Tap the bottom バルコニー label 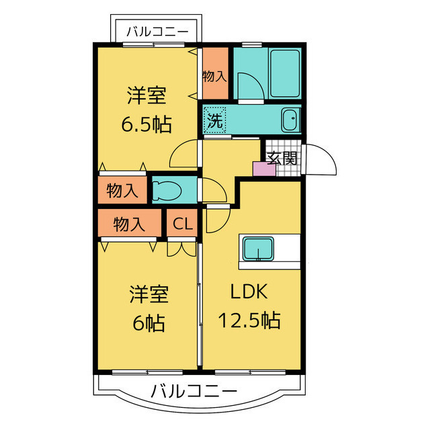pos(193,391)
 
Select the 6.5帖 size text pos(146,124)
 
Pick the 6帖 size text pos(148,323)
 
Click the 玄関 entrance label pos(282,159)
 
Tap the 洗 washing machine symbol pos(215,122)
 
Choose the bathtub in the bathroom pos(284,72)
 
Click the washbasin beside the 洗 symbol pos(291,122)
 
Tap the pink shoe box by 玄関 pos(263,169)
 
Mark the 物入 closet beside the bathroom pos(215,75)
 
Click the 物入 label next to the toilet pos(122,190)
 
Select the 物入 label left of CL pos(129,224)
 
